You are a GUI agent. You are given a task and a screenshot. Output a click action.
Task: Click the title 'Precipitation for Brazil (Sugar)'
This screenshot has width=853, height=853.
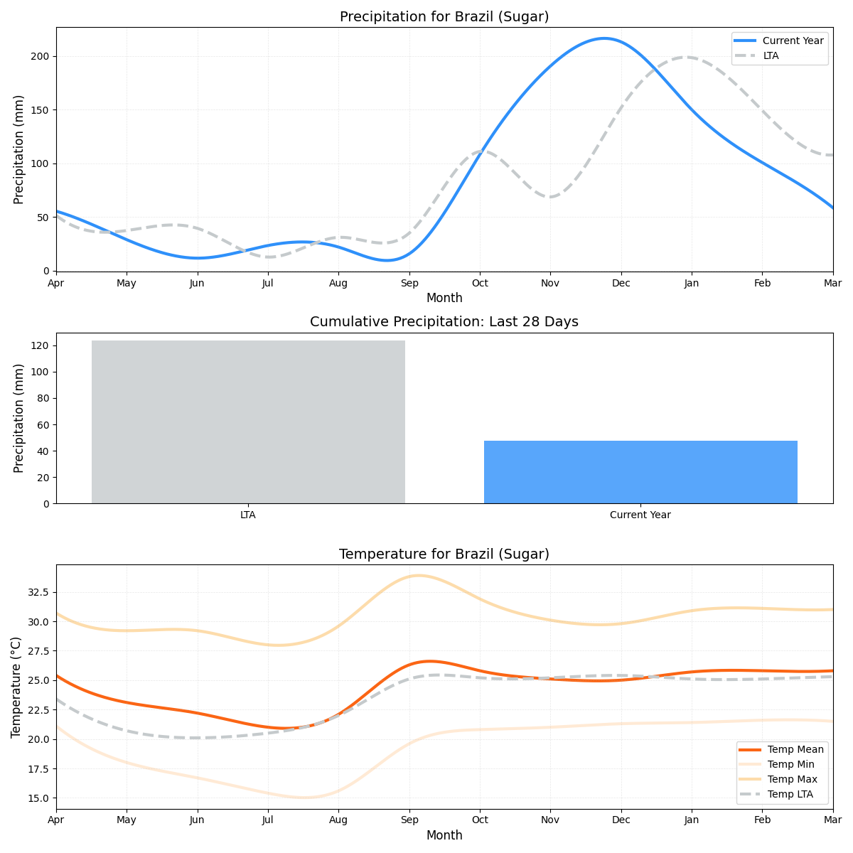(x=444, y=17)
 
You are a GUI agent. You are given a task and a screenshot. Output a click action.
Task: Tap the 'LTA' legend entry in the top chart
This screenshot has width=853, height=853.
(x=771, y=55)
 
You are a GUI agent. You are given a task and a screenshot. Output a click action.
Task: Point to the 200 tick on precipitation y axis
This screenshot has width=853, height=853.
(x=43, y=56)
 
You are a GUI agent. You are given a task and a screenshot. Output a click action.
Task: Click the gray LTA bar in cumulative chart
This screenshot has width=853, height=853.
(x=248, y=422)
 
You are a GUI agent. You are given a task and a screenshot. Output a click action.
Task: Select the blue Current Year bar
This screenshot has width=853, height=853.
(x=640, y=472)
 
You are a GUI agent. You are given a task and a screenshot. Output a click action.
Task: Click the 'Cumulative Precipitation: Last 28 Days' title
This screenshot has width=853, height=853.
(x=444, y=322)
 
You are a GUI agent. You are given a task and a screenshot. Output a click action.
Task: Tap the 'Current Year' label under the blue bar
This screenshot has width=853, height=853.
(x=640, y=515)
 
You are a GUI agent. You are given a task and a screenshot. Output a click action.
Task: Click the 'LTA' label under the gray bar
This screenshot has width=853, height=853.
(x=248, y=515)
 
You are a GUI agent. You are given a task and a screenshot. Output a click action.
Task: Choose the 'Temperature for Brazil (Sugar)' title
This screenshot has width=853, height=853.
(x=444, y=554)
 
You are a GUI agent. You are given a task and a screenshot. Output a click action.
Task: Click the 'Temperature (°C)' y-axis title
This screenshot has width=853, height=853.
(x=16, y=687)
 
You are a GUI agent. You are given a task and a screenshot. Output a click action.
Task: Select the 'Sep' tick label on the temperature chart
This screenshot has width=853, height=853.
(x=409, y=820)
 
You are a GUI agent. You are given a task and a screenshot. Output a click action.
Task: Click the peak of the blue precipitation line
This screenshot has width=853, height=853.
(x=604, y=38)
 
